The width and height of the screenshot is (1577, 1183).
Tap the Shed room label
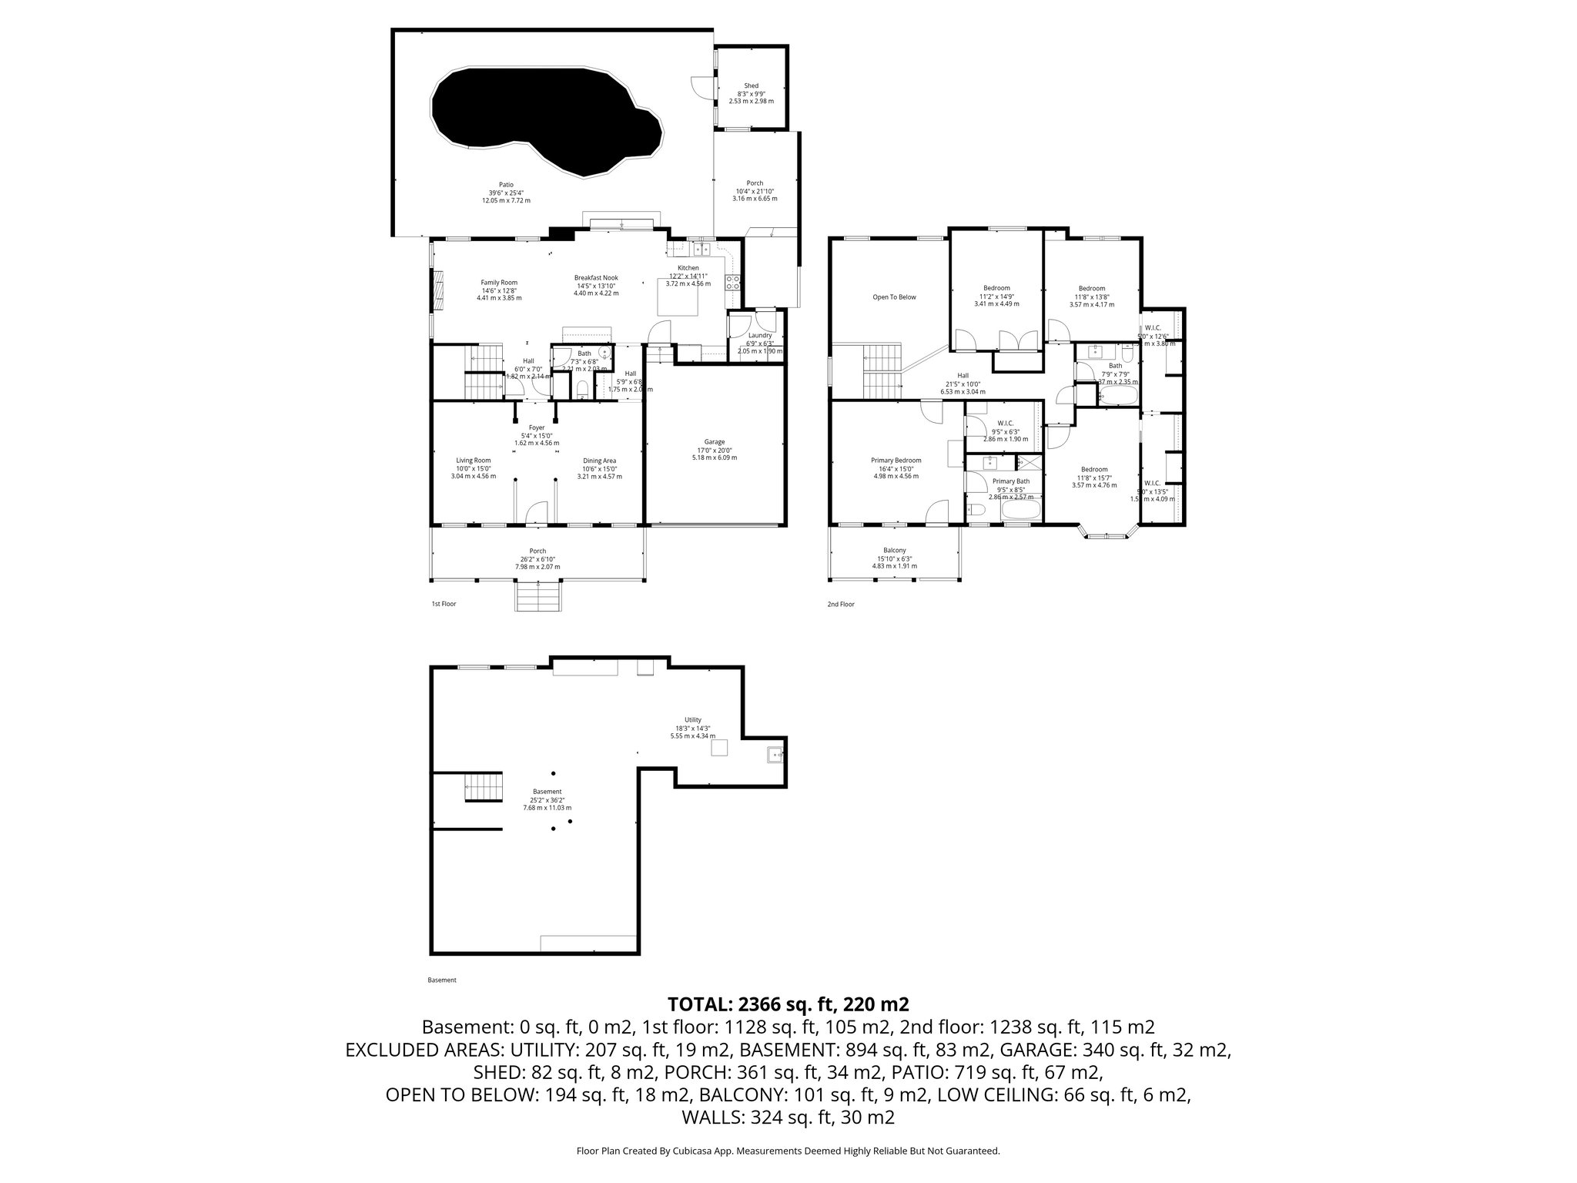751,86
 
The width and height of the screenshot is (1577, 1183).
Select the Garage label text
714,442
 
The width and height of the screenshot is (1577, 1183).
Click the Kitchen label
688,268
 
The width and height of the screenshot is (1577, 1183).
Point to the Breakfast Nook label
595,278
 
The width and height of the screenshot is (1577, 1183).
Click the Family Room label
499,283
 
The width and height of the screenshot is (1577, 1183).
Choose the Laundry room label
760,336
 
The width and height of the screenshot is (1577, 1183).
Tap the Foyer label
537,427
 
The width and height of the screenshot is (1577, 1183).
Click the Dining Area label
599,461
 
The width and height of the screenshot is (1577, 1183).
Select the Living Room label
473,461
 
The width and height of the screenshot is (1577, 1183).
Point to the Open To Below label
894,297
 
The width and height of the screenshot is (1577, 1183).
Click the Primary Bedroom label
896,461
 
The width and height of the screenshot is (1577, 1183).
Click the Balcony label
894,551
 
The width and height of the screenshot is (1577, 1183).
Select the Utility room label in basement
692,720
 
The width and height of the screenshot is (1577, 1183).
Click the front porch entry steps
537,596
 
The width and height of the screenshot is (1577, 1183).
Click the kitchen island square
678,297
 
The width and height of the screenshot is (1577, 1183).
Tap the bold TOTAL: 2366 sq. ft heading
788,1004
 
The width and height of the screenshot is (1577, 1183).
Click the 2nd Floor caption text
840,605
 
